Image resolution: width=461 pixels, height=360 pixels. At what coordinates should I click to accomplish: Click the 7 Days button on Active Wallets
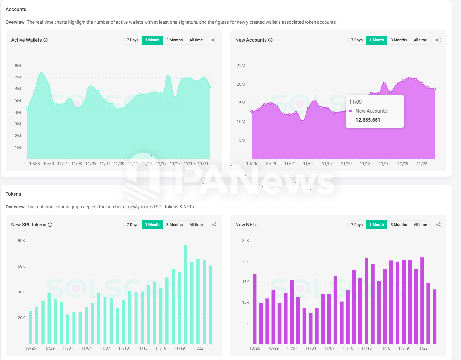(133, 40)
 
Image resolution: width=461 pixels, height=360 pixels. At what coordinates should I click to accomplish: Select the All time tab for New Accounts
(420, 40)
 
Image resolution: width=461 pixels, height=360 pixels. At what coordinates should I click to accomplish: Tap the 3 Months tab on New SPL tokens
(174, 225)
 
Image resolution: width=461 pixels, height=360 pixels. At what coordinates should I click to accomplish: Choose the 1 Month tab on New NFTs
(376, 225)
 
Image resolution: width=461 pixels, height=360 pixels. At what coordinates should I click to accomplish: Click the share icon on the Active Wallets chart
(214, 40)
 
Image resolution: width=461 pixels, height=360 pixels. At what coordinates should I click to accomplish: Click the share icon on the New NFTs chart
(438, 225)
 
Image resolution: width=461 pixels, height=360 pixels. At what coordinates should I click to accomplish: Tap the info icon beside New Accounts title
(270, 40)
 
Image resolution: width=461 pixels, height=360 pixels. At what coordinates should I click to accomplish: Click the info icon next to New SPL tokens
(50, 225)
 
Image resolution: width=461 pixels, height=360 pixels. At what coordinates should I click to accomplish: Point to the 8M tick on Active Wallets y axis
(18, 66)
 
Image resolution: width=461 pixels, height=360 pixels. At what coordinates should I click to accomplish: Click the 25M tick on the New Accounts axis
(241, 66)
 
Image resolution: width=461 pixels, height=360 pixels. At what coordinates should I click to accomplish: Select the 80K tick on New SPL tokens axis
(21, 241)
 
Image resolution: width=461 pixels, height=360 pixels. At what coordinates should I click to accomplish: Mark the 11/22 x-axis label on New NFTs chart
(422, 348)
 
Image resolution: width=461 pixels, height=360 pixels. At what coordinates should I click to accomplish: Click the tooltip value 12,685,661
(368, 120)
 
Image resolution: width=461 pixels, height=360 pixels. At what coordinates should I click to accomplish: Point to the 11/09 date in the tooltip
(355, 102)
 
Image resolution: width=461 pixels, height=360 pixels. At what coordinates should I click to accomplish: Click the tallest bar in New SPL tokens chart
(185, 294)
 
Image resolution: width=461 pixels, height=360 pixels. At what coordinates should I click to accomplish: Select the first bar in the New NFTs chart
(255, 309)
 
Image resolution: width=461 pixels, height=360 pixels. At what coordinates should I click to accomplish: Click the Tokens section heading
(13, 194)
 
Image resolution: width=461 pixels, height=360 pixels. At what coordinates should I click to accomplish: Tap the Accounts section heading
(16, 9)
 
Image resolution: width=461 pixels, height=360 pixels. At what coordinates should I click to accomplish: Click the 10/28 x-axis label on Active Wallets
(35, 164)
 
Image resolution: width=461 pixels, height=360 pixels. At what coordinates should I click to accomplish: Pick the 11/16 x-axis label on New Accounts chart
(384, 164)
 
